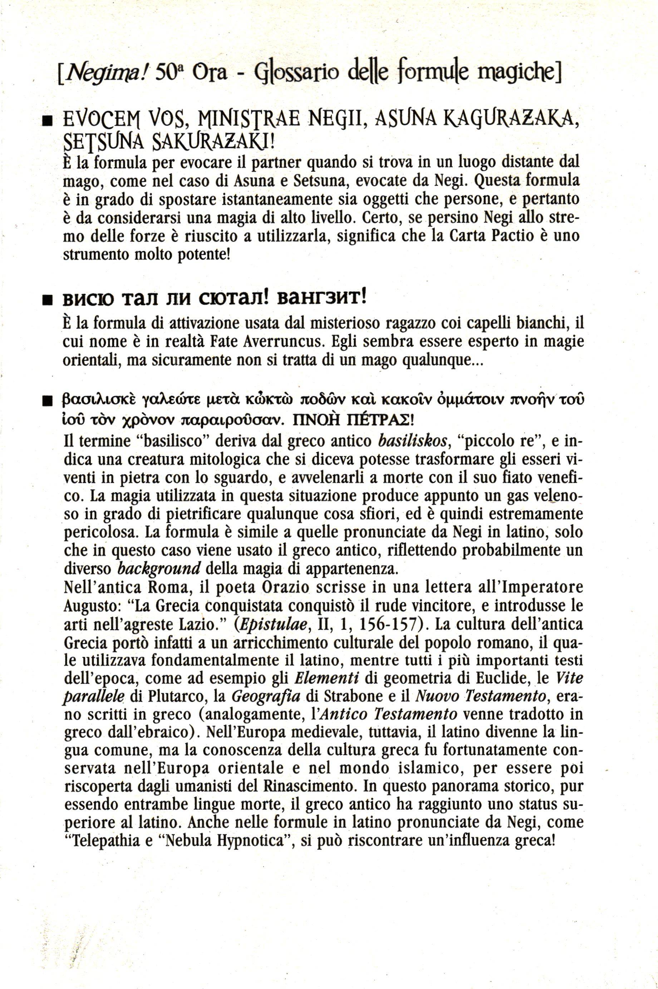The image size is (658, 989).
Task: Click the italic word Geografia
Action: click(266, 696)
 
